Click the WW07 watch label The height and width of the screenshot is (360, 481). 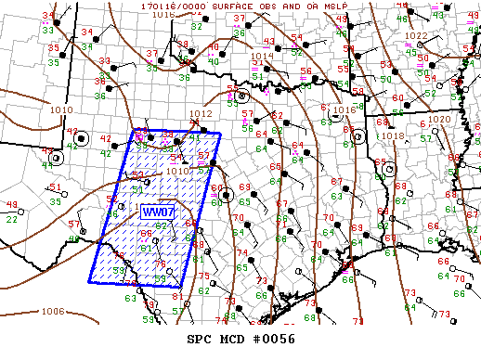tap(153, 212)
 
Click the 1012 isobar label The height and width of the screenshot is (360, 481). tap(201, 114)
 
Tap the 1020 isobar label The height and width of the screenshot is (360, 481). tap(438, 120)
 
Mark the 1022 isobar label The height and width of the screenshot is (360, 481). tap(417, 35)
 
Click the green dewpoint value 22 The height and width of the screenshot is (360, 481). tap(11, 220)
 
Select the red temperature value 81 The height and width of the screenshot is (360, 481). tap(176, 296)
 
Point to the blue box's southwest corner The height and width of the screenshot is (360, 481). tap(90, 282)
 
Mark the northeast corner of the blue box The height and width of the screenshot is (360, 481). tap(221, 133)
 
